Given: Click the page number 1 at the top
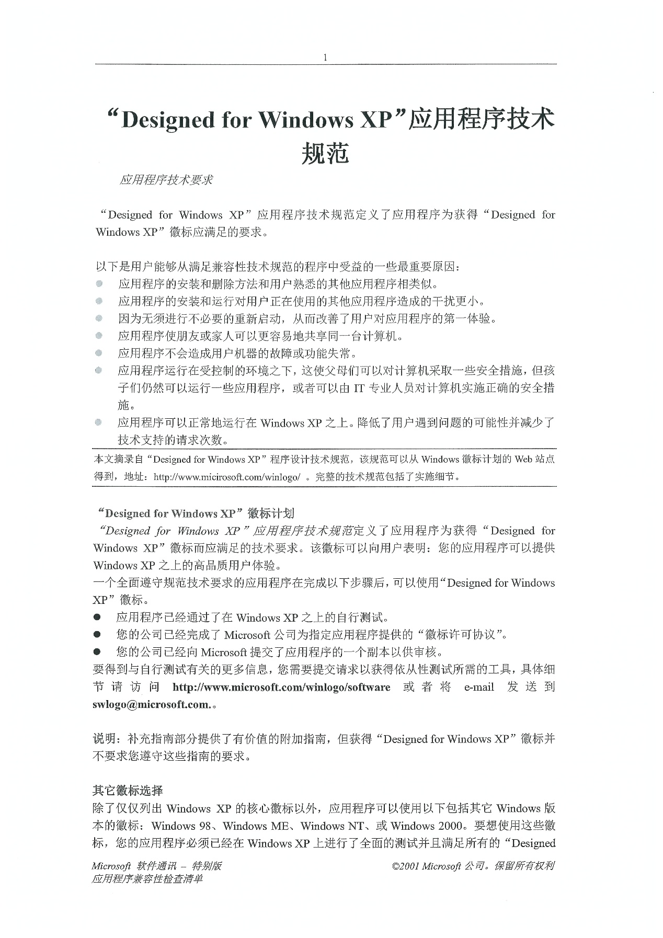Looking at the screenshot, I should coord(325,58).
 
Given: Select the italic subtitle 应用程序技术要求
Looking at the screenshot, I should coord(166,180).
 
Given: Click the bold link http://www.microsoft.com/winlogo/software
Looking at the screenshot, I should coord(281,687).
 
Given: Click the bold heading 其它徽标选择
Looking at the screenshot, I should coord(128,791).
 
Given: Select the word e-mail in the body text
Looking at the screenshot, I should coord(479,687).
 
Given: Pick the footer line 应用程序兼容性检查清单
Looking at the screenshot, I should coord(147,879).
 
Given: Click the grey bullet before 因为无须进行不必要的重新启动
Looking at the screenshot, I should coord(99,318).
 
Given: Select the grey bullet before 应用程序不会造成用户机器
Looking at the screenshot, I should coord(99,353).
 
